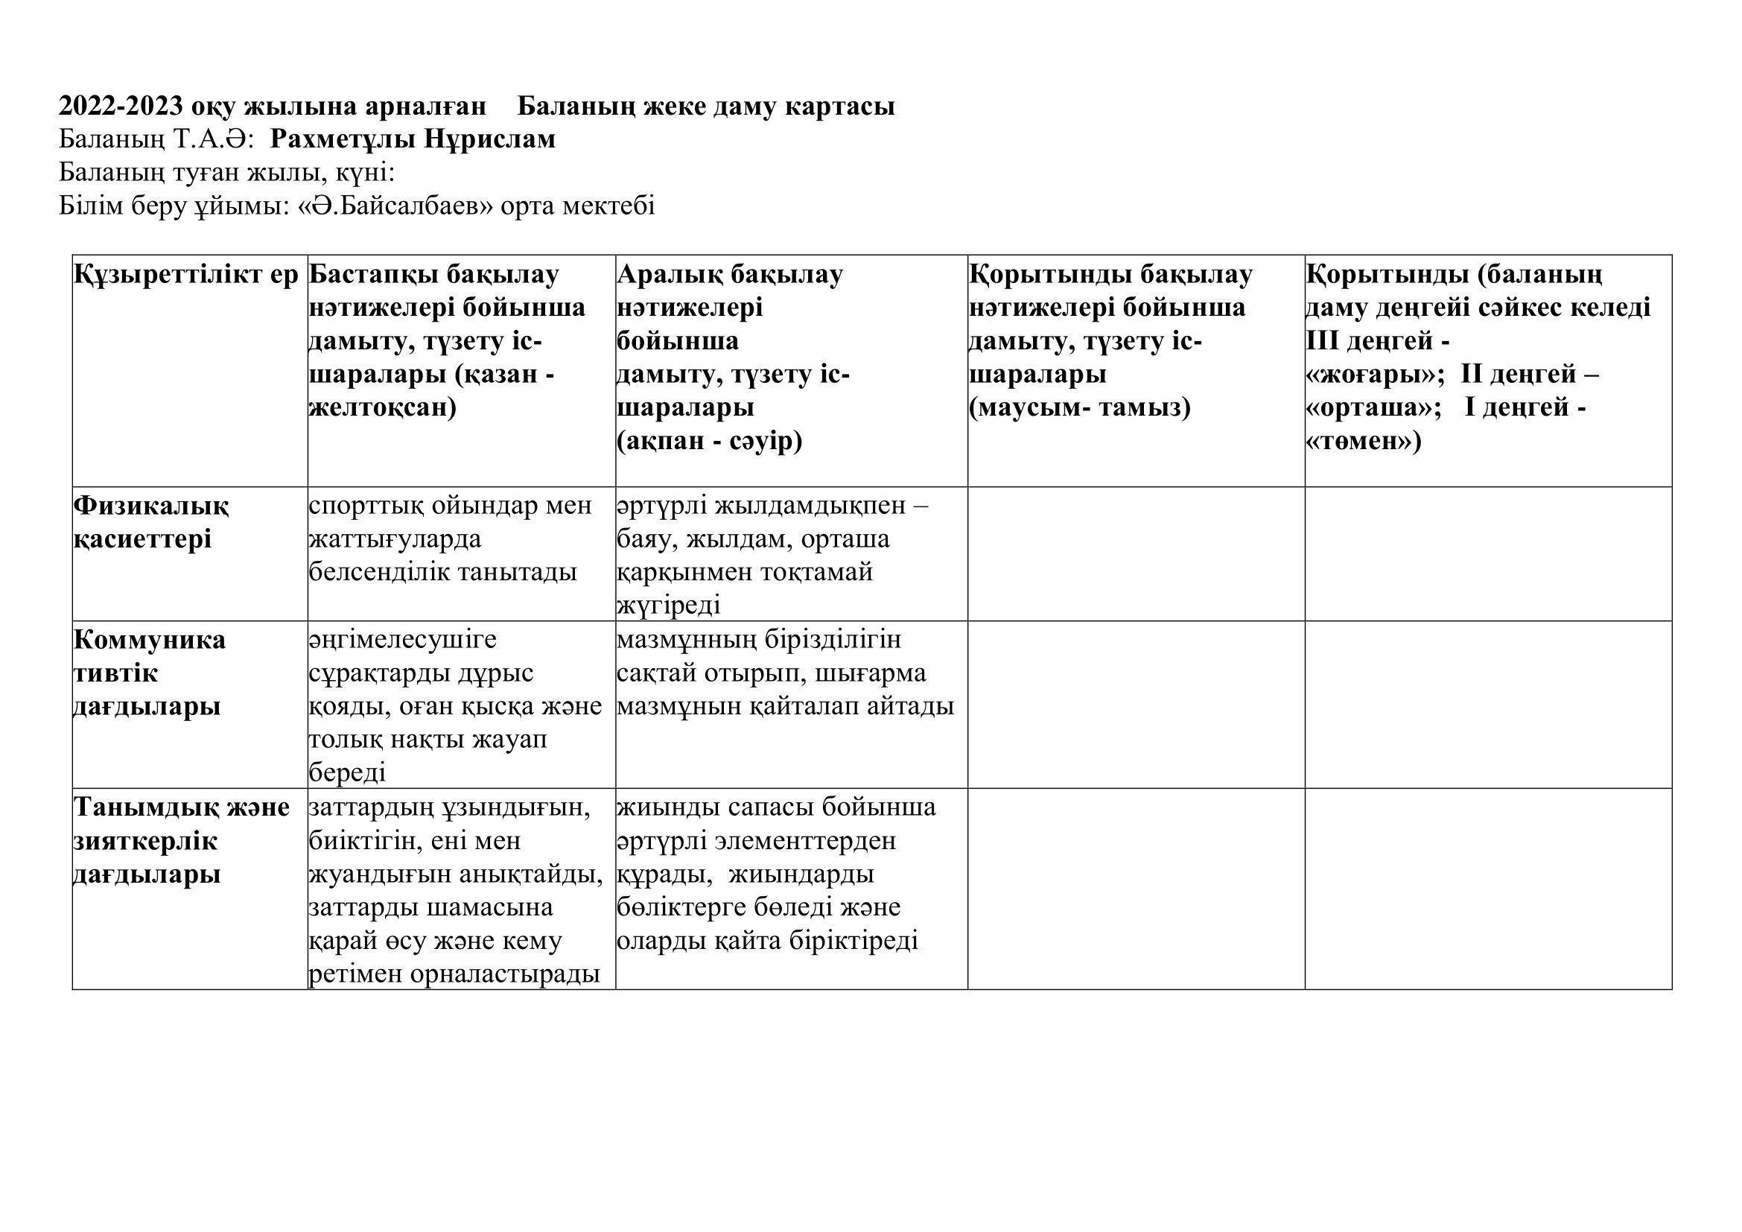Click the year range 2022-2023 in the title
[x=121, y=107]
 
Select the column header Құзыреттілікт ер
[x=186, y=275]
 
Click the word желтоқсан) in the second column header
[x=382, y=407]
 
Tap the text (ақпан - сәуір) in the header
[x=710, y=441]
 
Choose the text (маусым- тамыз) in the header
[x=1080, y=407]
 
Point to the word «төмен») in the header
[x=1364, y=441]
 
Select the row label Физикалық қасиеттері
[x=150, y=522]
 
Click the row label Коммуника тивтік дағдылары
[x=149, y=673]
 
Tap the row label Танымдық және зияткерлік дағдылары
[x=180, y=840]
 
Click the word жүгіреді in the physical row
[x=668, y=606]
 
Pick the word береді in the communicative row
[x=347, y=772]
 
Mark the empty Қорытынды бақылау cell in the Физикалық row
[x=1136, y=553]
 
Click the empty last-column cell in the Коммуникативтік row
[x=1488, y=705]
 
